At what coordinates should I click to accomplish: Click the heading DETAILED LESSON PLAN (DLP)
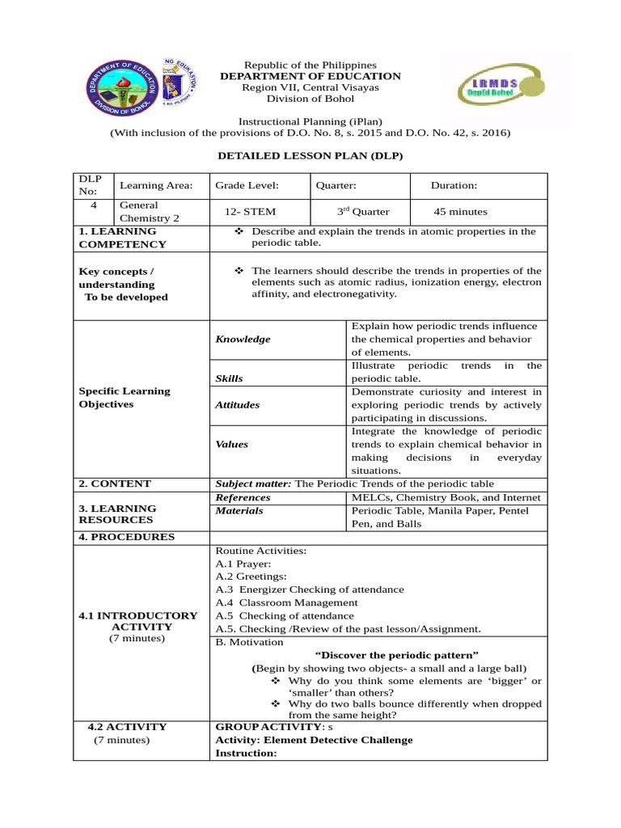coord(310,155)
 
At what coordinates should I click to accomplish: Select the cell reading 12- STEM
coord(250,212)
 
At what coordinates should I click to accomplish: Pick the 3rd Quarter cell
coord(362,212)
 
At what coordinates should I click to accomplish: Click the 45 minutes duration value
coord(460,212)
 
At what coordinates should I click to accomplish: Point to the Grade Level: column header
coord(247,185)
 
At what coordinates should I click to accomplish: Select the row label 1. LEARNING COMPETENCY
coord(117,238)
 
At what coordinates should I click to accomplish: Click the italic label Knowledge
coord(243,340)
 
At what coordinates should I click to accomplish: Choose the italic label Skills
coord(229,378)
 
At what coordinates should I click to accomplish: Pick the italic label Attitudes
coord(237,404)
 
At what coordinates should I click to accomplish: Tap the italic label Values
coord(231,444)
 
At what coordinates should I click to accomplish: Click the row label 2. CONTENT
coord(115,484)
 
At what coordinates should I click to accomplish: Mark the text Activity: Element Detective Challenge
coord(314,740)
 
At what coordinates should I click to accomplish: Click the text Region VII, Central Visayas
coord(310,87)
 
